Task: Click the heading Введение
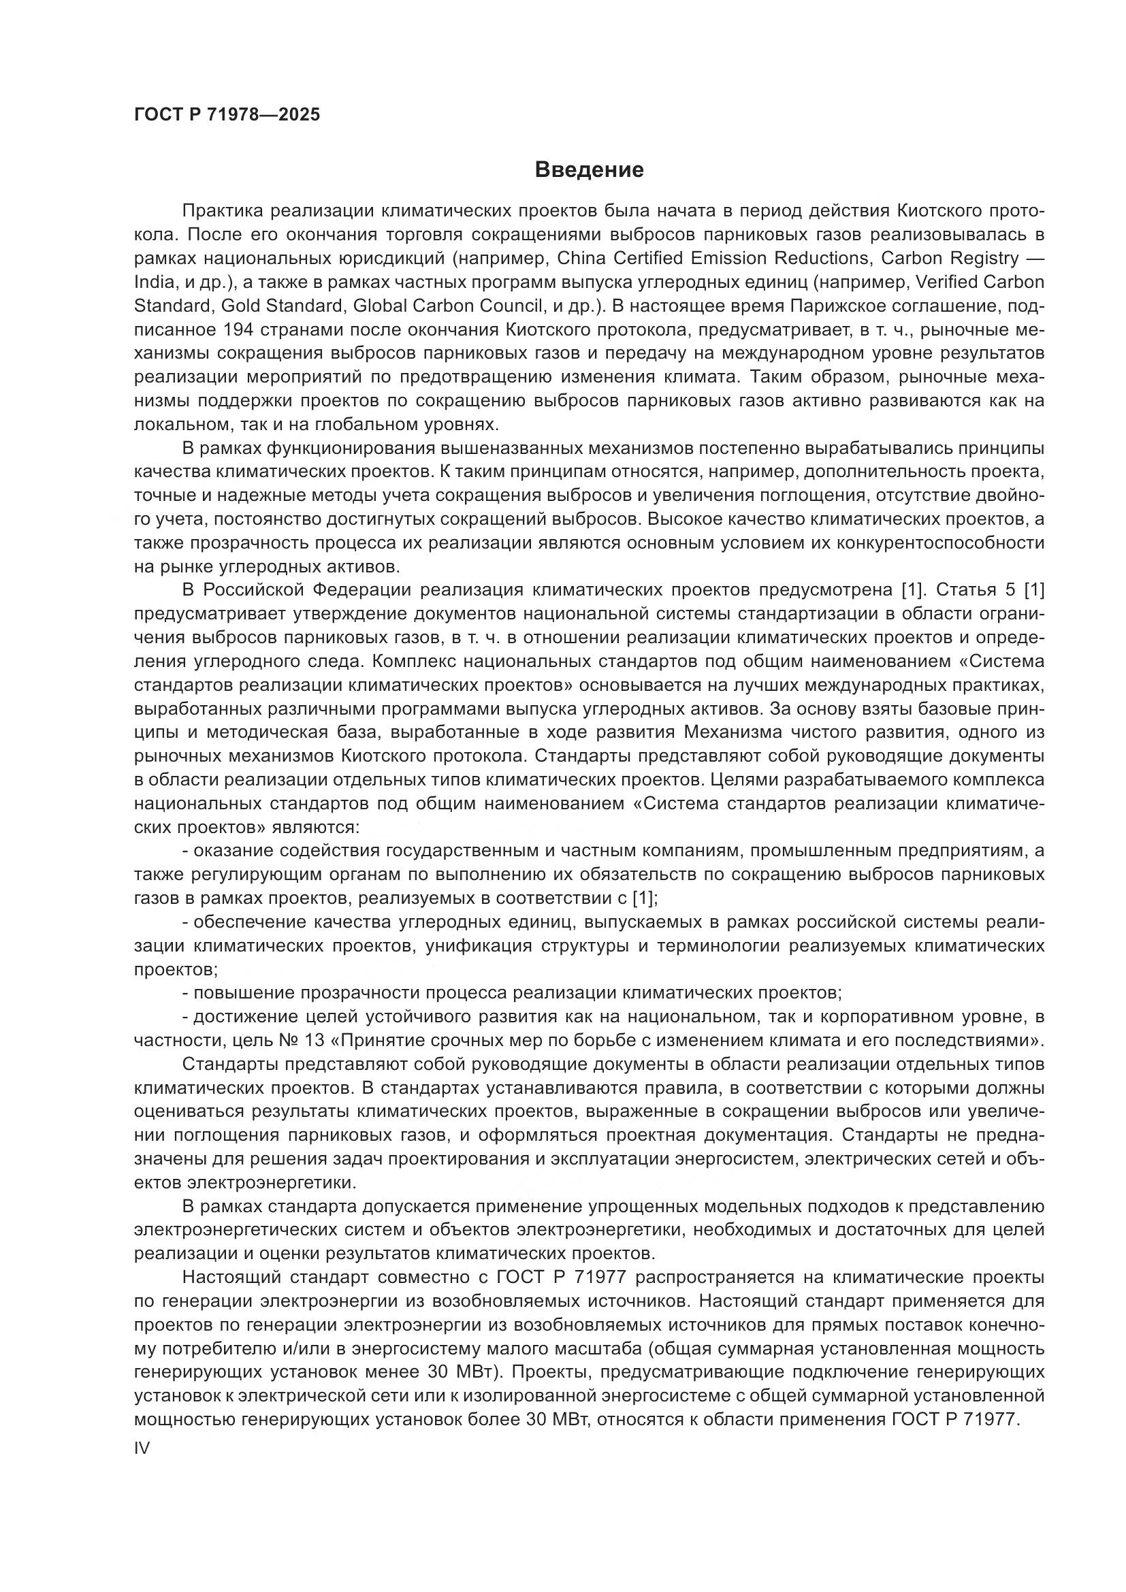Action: pos(590,170)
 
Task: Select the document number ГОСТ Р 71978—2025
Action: pos(227,115)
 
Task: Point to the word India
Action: pos(152,282)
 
